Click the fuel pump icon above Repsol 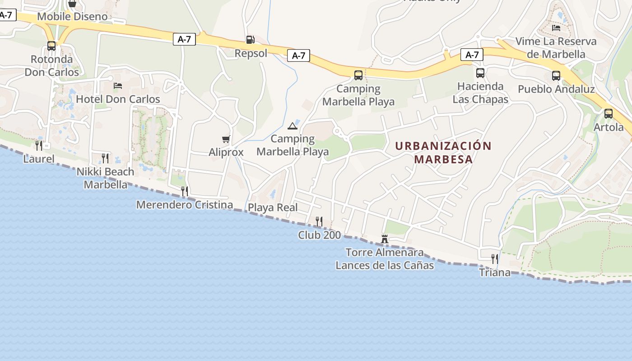click(x=250, y=40)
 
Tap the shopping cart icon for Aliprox click(x=226, y=139)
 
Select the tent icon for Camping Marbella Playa click(x=292, y=126)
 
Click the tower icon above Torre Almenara click(x=385, y=239)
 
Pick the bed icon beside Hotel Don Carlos click(x=118, y=85)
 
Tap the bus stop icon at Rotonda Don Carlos click(x=51, y=46)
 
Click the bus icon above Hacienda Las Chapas click(x=480, y=73)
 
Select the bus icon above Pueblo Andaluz click(x=556, y=75)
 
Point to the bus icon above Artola click(x=609, y=113)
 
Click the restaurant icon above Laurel click(x=39, y=145)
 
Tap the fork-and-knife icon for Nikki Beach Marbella click(x=105, y=158)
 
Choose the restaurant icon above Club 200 click(x=319, y=221)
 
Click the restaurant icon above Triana click(x=495, y=259)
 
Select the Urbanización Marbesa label click(x=443, y=153)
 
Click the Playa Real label click(x=273, y=208)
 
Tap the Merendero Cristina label click(x=185, y=205)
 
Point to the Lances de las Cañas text click(x=385, y=265)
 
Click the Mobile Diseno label click(x=72, y=17)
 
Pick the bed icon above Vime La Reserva click(x=556, y=28)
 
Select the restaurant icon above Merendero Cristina click(x=185, y=191)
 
